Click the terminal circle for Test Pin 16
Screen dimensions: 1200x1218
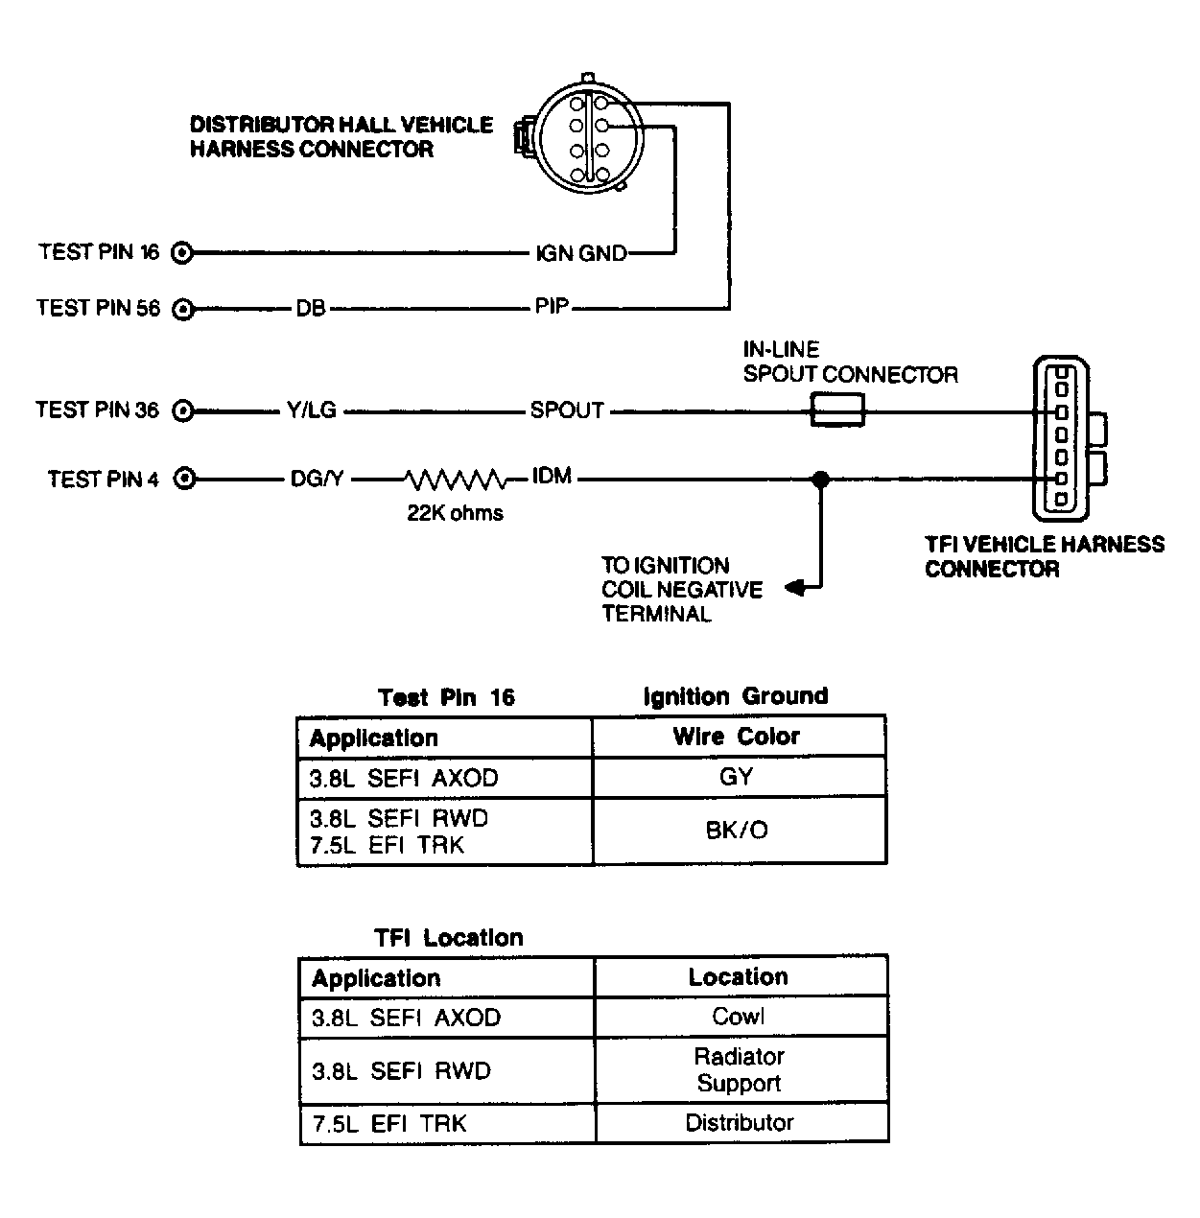pos(182,253)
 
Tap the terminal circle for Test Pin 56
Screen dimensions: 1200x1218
pos(183,309)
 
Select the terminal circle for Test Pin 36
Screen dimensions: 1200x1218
pos(183,410)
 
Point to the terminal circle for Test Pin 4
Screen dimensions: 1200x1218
pos(184,479)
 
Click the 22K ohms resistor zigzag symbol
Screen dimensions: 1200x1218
pos(456,480)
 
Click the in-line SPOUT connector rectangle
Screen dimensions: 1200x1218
pos(837,410)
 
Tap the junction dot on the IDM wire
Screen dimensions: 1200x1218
pos(821,480)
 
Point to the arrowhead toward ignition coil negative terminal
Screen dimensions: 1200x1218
pos(794,588)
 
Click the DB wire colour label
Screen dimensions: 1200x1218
pos(311,309)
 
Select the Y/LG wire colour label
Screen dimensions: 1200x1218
pos(312,410)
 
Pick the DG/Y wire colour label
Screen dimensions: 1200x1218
pos(317,480)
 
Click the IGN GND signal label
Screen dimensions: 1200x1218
pos(581,253)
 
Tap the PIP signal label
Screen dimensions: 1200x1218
pos(552,307)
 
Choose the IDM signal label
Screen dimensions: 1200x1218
pos(552,476)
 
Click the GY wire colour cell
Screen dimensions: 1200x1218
pos(737,776)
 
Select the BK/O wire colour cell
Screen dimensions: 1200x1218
pos(738,830)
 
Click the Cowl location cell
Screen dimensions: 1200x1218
pos(739,1017)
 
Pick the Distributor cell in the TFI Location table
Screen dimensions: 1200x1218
pos(740,1122)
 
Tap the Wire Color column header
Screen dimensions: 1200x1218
pos(737,737)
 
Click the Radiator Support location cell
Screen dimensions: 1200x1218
pos(740,1069)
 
